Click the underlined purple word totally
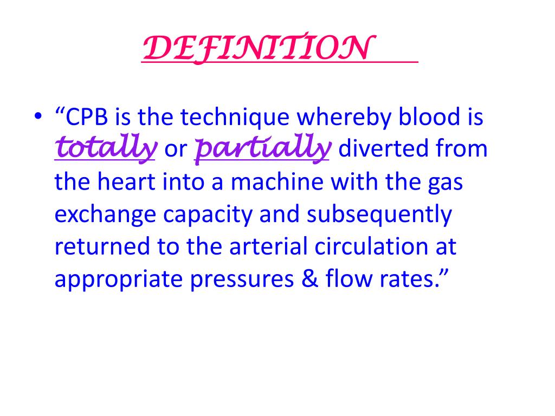[106, 148]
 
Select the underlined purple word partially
[262, 148]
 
